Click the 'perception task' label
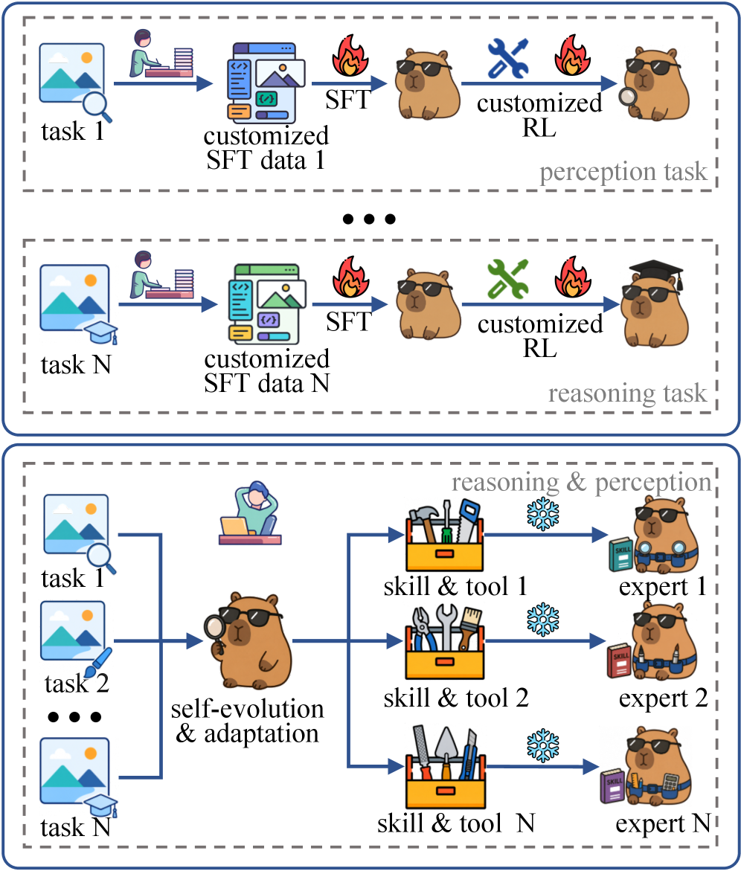(x=623, y=173)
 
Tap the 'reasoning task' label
(x=628, y=393)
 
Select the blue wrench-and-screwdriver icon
(x=507, y=58)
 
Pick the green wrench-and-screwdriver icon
(x=507, y=279)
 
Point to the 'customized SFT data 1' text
(x=266, y=148)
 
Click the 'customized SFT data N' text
(x=266, y=371)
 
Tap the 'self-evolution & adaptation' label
(x=247, y=721)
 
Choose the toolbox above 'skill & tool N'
(x=446, y=767)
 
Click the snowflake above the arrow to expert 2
(x=542, y=619)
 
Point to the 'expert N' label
(x=663, y=824)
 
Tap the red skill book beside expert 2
(x=619, y=661)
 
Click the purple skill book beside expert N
(x=613, y=786)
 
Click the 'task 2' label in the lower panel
(x=77, y=684)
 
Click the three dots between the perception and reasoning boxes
(x=370, y=219)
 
